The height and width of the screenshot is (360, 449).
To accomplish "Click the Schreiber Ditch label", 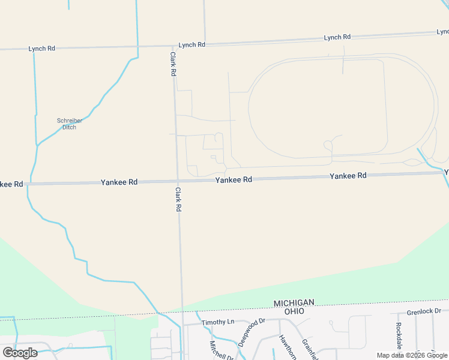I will (x=70, y=124).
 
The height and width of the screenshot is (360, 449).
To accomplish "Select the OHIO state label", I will (x=294, y=311).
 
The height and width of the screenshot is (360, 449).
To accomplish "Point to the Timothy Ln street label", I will (x=217, y=322).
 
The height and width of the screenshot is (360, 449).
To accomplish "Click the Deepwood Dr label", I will (x=251, y=332).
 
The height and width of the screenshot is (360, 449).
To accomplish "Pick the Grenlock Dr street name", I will (x=424, y=311).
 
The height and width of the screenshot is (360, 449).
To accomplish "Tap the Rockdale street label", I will (x=399, y=337).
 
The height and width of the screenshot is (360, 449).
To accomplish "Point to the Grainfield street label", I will (x=310, y=348).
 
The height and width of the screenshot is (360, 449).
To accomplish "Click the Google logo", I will (x=20, y=352).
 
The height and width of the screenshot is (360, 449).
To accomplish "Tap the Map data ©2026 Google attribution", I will (x=412, y=355).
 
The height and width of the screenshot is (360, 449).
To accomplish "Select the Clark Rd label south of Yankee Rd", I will (x=178, y=199).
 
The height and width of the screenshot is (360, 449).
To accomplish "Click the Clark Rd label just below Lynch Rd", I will (x=173, y=63).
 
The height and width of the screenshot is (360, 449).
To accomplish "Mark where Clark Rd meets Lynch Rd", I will (x=173, y=46).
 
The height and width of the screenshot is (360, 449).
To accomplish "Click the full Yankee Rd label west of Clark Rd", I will (x=119, y=182).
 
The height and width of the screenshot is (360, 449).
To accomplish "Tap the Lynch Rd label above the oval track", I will (x=337, y=37).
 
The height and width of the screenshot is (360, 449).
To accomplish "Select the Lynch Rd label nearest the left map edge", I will (x=41, y=49).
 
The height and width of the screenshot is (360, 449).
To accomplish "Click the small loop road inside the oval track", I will (x=328, y=145).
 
